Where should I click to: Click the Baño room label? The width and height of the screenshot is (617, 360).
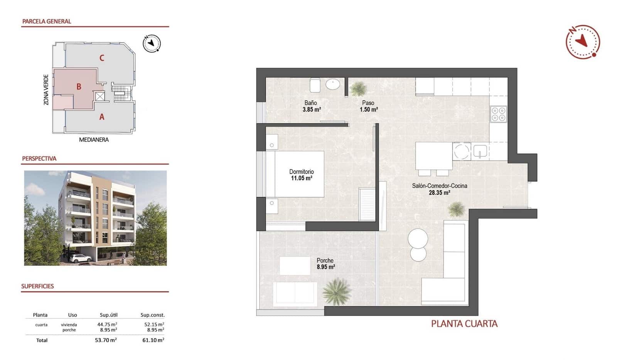pyautogui.click(x=310, y=103)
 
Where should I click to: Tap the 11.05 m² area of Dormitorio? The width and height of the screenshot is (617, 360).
pyautogui.click(x=301, y=178)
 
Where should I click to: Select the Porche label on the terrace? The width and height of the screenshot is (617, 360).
pyautogui.click(x=325, y=260)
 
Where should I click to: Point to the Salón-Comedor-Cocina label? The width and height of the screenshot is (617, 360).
pyautogui.click(x=439, y=186)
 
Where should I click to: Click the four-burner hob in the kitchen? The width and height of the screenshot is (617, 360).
pyautogui.click(x=498, y=114)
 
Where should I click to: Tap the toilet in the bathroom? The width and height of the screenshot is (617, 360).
pyautogui.click(x=315, y=85)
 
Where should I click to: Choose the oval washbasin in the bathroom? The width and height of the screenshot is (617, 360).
pyautogui.click(x=332, y=84)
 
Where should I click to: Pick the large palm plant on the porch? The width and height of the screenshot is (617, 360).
pyautogui.click(x=337, y=291)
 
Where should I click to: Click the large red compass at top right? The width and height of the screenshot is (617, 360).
pyautogui.click(x=583, y=42)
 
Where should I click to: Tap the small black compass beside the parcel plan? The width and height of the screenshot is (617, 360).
pyautogui.click(x=152, y=43)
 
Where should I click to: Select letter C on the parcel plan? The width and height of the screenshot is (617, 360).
pyautogui.click(x=102, y=58)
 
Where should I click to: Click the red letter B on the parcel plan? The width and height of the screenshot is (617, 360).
pyautogui.click(x=79, y=87)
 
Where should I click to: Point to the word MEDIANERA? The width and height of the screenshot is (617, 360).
pyautogui.click(x=94, y=140)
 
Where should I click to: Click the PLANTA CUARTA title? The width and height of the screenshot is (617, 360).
pyautogui.click(x=464, y=324)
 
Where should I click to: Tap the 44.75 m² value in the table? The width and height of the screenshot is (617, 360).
pyautogui.click(x=107, y=325)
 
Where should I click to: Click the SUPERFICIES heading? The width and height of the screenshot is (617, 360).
pyautogui.click(x=37, y=286)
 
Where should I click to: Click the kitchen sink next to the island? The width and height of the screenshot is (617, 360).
pyautogui.click(x=480, y=151)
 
